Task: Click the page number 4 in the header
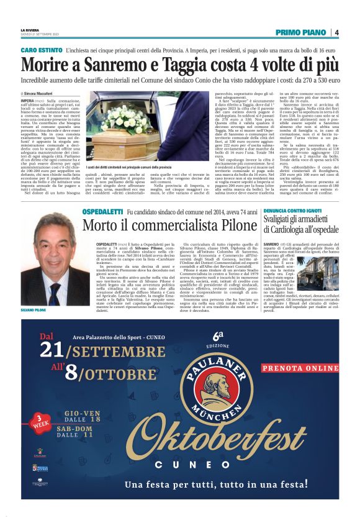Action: pos(336,32)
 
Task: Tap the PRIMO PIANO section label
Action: pos(303,32)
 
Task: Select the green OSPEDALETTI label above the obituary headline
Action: pos(103,212)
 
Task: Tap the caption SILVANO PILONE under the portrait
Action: pos(34,309)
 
